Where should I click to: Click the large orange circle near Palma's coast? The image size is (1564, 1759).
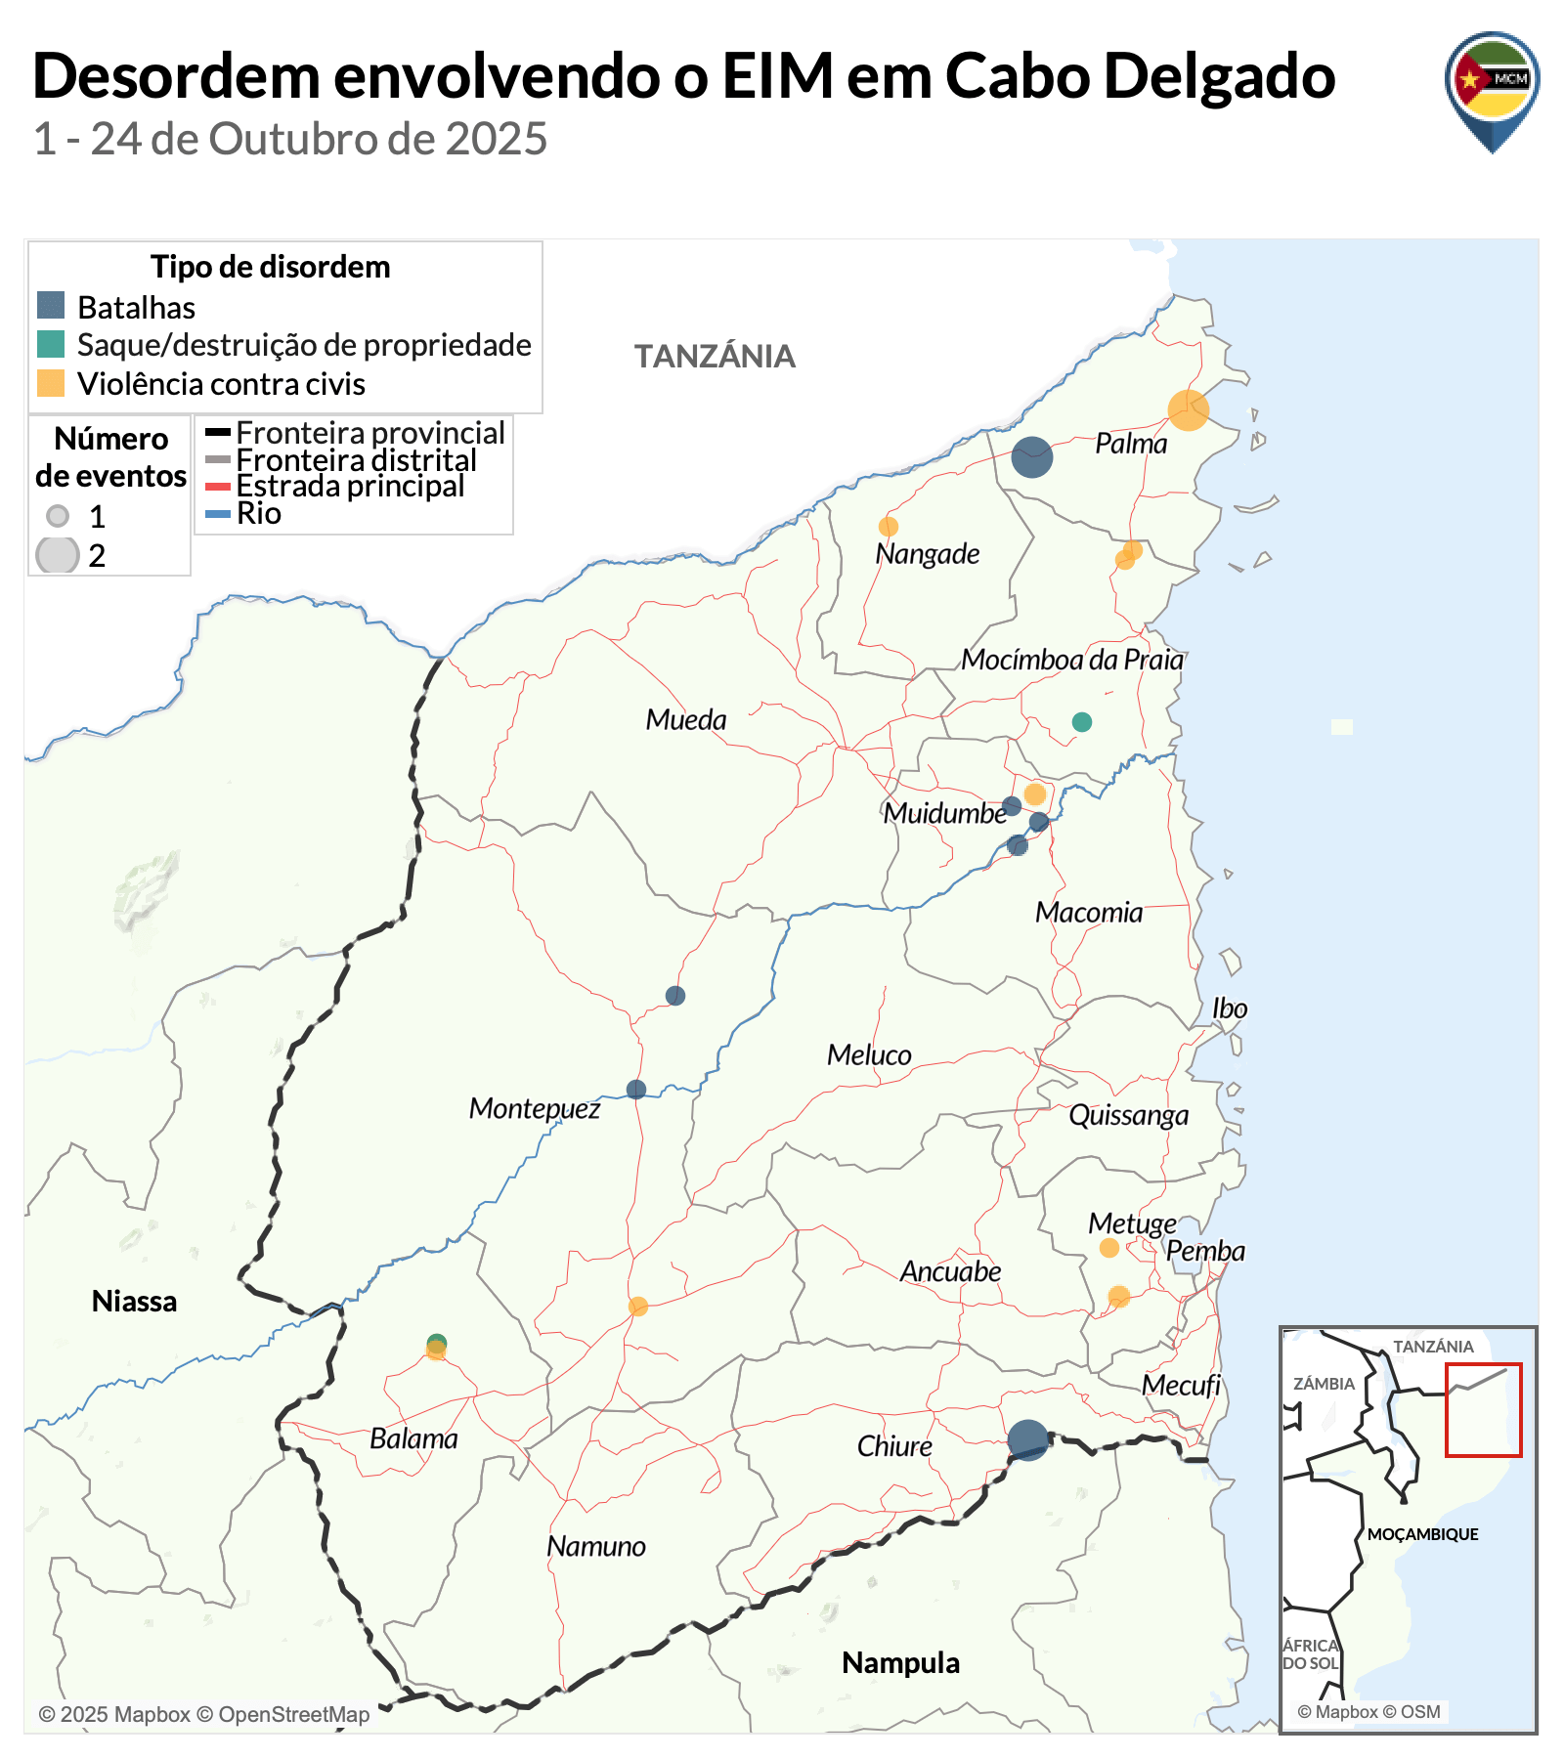pyautogui.click(x=1188, y=410)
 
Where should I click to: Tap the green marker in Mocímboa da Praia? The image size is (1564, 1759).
pyautogui.click(x=1081, y=722)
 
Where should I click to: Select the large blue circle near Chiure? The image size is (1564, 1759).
pyautogui.click(x=1027, y=1440)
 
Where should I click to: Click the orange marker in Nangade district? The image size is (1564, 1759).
pyautogui.click(x=888, y=528)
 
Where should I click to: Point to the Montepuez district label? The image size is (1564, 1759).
pyautogui.click(x=534, y=1108)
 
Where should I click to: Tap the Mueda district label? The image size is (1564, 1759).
pyautogui.click(x=686, y=720)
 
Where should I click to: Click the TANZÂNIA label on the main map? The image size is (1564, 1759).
pyautogui.click(x=715, y=357)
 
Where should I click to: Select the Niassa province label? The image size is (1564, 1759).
pyautogui.click(x=134, y=1302)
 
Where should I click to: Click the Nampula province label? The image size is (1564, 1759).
pyautogui.click(x=900, y=1662)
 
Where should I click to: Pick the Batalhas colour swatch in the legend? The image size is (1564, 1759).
pyautogui.click(x=51, y=306)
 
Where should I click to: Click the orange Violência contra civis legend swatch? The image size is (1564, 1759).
pyautogui.click(x=51, y=383)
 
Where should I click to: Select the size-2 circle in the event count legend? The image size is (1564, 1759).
pyautogui.click(x=58, y=555)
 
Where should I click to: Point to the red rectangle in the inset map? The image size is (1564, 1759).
pyautogui.click(x=1483, y=1409)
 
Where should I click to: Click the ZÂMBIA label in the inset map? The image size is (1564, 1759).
pyautogui.click(x=1324, y=1384)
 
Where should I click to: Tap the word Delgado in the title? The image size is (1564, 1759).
pyautogui.click(x=1220, y=76)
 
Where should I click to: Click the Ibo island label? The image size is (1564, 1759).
pyautogui.click(x=1230, y=1008)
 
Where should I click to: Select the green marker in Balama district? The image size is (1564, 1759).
pyautogui.click(x=437, y=1342)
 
